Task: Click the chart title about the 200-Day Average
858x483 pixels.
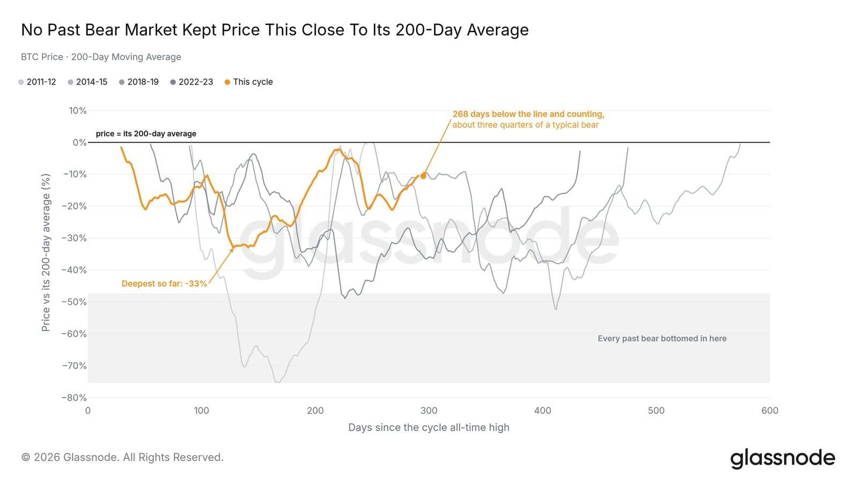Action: click(x=275, y=30)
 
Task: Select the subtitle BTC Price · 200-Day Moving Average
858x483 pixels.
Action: click(x=101, y=57)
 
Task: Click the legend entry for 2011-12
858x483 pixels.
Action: click(x=37, y=82)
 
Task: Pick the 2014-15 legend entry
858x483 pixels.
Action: click(x=87, y=82)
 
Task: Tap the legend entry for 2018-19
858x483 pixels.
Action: click(x=139, y=82)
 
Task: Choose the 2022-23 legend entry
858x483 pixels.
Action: click(x=191, y=82)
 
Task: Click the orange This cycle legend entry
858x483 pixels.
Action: click(x=249, y=82)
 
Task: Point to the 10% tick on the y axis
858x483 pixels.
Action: click(x=78, y=111)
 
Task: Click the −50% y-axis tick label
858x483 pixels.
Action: click(x=75, y=302)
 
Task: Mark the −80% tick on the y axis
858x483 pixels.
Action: click(x=75, y=398)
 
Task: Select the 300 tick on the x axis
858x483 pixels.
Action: click(x=429, y=411)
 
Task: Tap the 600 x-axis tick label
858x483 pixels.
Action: click(x=770, y=411)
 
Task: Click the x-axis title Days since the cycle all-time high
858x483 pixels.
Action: click(x=429, y=427)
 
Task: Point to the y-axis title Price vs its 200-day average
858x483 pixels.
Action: click(x=46, y=253)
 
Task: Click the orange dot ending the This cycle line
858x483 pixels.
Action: click(x=423, y=176)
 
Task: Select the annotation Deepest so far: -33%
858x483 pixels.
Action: click(x=164, y=284)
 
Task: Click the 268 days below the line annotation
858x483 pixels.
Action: click(x=529, y=119)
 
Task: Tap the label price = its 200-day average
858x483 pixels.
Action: click(x=146, y=134)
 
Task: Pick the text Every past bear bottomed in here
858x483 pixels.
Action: click(x=662, y=339)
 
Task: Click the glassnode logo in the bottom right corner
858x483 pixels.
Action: click(x=782, y=458)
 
